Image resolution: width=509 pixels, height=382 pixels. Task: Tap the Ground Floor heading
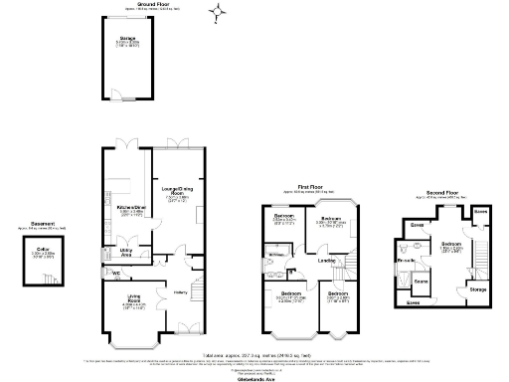[136, 4]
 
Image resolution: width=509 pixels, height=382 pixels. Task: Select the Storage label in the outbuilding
[127, 42]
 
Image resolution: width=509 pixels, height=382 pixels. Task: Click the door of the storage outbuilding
[115, 96]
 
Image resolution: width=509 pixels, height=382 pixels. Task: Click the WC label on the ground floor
[116, 273]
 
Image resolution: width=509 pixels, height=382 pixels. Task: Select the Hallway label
[181, 291]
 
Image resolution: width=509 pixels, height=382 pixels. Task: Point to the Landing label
[324, 262]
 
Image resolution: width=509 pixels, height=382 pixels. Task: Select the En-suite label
[407, 261]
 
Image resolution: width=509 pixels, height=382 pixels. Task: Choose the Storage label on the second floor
[477, 289]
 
